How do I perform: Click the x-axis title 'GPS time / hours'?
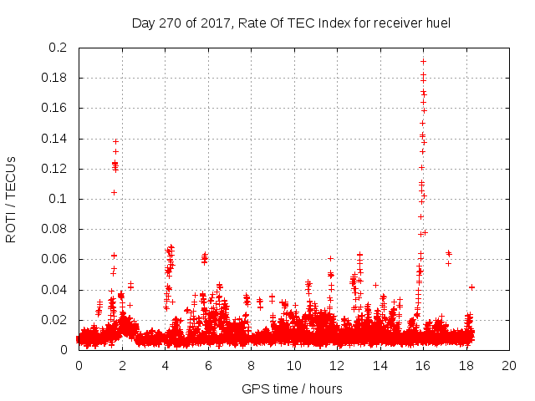click(292, 388)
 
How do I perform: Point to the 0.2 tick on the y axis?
click(58, 48)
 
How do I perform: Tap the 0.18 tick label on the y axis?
click(55, 78)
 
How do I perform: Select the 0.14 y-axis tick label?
click(55, 138)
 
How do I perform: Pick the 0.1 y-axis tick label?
click(58, 199)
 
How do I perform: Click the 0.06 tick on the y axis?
click(55, 259)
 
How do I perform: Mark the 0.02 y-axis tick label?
click(55, 320)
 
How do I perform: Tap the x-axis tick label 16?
click(423, 365)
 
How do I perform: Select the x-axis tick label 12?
click(337, 365)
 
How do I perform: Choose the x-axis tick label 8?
click(251, 365)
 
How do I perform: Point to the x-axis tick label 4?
click(165, 365)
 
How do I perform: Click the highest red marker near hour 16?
click(423, 61)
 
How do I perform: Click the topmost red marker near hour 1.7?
click(115, 141)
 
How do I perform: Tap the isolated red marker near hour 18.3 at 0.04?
click(471, 287)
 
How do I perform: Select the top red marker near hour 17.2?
click(448, 252)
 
